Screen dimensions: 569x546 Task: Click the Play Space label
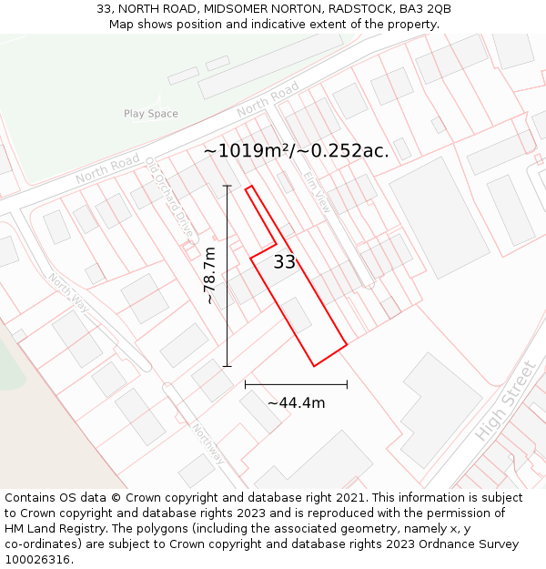(x=151, y=114)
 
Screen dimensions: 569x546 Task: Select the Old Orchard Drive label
(x=170, y=197)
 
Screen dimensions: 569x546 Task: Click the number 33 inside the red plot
(x=285, y=262)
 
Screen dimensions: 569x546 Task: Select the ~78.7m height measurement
(x=211, y=275)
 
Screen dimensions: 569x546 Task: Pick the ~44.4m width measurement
(x=296, y=402)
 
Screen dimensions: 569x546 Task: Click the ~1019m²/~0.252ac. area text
(x=296, y=151)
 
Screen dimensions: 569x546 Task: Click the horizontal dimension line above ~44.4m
(x=296, y=384)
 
